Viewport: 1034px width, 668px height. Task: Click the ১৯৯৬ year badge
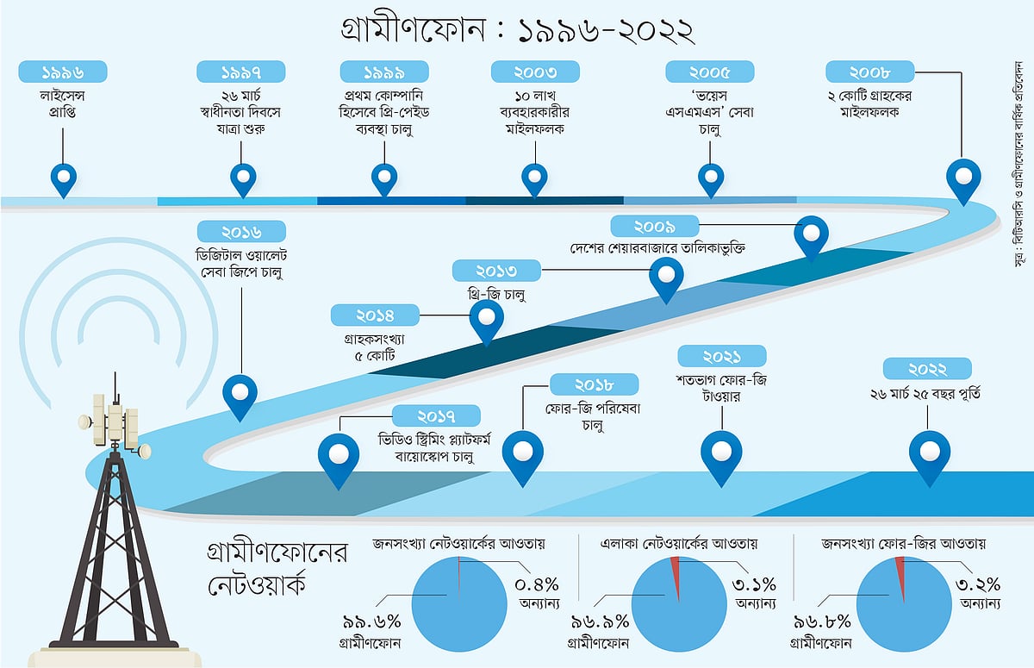tap(63, 72)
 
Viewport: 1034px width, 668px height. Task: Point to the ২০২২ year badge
tap(927, 369)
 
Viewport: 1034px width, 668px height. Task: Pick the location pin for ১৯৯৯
tap(384, 178)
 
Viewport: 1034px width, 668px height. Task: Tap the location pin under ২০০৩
tap(535, 178)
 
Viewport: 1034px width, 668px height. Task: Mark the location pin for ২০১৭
tap(339, 456)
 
